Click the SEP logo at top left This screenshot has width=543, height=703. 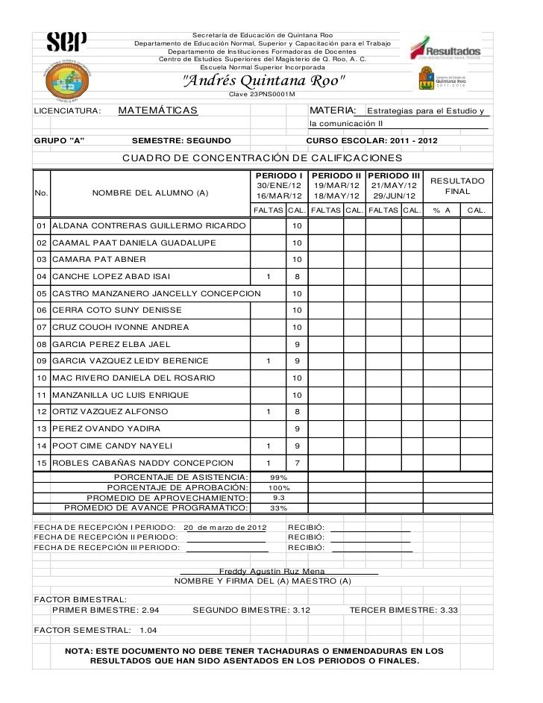[x=66, y=41]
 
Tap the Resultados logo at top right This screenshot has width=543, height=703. [x=447, y=47]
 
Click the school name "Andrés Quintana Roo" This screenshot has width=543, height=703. [x=264, y=81]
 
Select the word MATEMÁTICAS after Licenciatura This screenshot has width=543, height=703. [x=157, y=111]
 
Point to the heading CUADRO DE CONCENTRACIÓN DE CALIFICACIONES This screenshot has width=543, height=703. [x=262, y=158]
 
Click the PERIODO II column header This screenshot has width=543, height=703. [x=336, y=175]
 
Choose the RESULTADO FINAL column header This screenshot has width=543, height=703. [x=457, y=186]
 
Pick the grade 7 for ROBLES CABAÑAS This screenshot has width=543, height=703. [x=297, y=463]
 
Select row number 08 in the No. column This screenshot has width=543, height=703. [x=42, y=344]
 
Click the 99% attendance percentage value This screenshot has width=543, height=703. [x=279, y=477]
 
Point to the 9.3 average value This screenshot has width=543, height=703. [x=279, y=497]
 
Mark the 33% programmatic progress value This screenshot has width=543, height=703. [x=279, y=507]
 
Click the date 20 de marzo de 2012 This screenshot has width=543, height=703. [x=225, y=528]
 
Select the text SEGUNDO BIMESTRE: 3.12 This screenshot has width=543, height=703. [x=251, y=610]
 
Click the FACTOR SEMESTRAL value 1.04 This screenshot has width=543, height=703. [x=148, y=630]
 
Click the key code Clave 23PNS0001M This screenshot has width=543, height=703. [x=262, y=95]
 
